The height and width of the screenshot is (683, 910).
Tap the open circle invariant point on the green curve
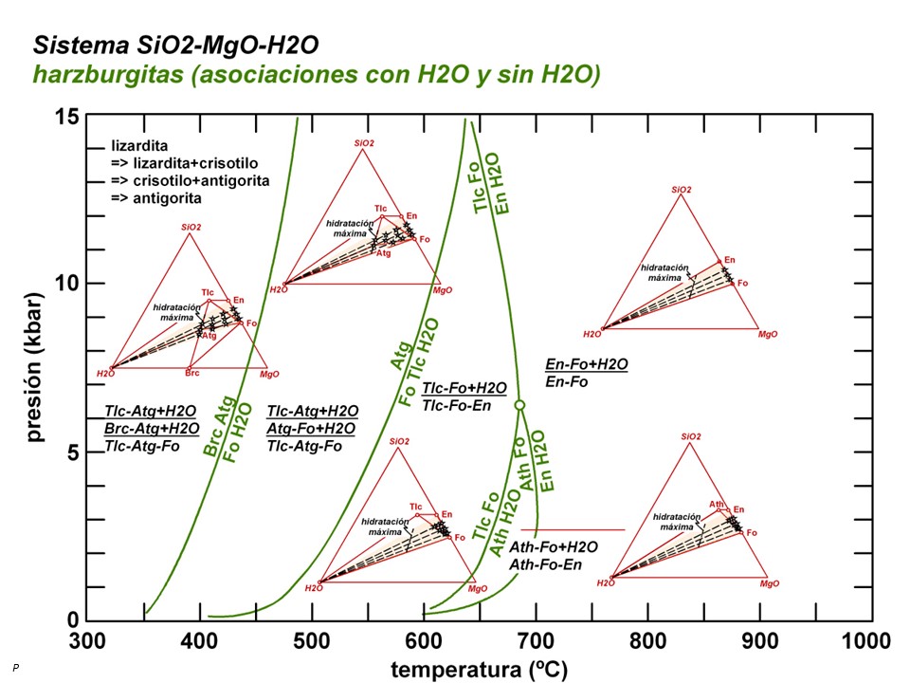point(519,405)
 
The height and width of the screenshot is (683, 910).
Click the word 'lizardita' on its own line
point(139,147)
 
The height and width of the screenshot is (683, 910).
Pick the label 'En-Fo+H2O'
point(588,364)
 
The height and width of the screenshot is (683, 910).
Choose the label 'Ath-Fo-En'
point(545,564)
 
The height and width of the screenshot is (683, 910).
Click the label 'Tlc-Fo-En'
point(464,404)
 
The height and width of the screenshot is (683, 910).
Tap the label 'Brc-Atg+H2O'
point(151,428)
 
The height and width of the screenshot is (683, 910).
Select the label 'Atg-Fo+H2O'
point(313,428)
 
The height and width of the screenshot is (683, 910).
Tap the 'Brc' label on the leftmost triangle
point(191,374)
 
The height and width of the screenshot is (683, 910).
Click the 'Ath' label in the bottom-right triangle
point(718,504)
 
